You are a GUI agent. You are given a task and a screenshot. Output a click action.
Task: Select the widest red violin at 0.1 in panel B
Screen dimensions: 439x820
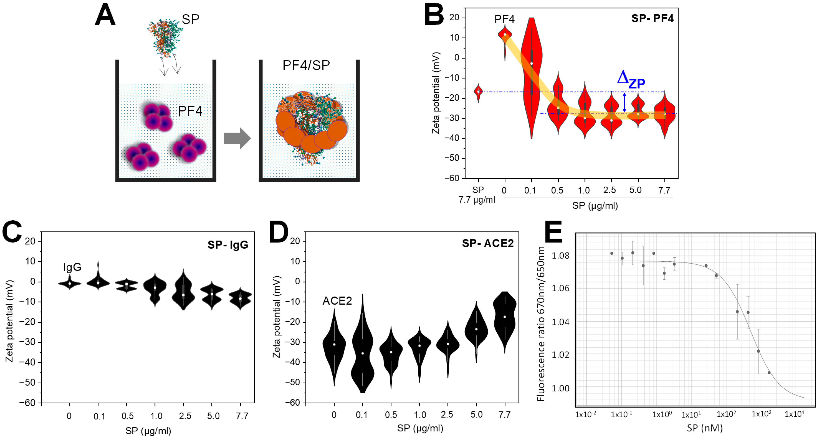tap(532, 76)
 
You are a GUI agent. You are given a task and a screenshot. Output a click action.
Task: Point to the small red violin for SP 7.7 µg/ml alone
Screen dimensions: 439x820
tap(478, 92)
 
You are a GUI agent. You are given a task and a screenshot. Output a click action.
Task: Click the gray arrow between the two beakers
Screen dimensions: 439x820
tap(237, 138)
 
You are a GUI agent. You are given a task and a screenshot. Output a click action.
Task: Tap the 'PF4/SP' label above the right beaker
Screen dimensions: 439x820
tap(306, 65)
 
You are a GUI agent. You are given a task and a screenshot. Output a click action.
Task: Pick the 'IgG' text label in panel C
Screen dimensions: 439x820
tap(72, 267)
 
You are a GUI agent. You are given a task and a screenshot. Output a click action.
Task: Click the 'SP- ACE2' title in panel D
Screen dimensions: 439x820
tap(488, 243)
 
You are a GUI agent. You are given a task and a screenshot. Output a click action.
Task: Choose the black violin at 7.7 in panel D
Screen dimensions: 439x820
tap(505, 318)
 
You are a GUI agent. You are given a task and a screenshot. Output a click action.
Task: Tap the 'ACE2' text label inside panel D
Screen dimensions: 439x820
tap(337, 301)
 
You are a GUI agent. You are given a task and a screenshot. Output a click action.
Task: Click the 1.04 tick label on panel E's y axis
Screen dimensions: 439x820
tap(560, 322)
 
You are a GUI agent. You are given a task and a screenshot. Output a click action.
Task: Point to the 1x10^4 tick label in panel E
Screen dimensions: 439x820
tap(794, 414)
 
